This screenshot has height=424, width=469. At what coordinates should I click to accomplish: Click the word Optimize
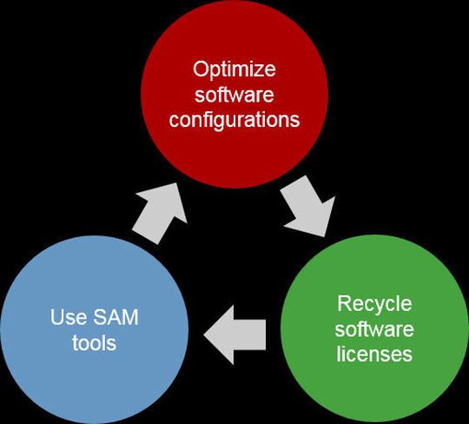point(234,69)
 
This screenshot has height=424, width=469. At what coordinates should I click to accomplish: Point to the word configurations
point(234,119)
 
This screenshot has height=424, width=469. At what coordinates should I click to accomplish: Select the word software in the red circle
point(234,94)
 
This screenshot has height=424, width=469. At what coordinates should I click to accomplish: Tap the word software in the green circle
point(373,329)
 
